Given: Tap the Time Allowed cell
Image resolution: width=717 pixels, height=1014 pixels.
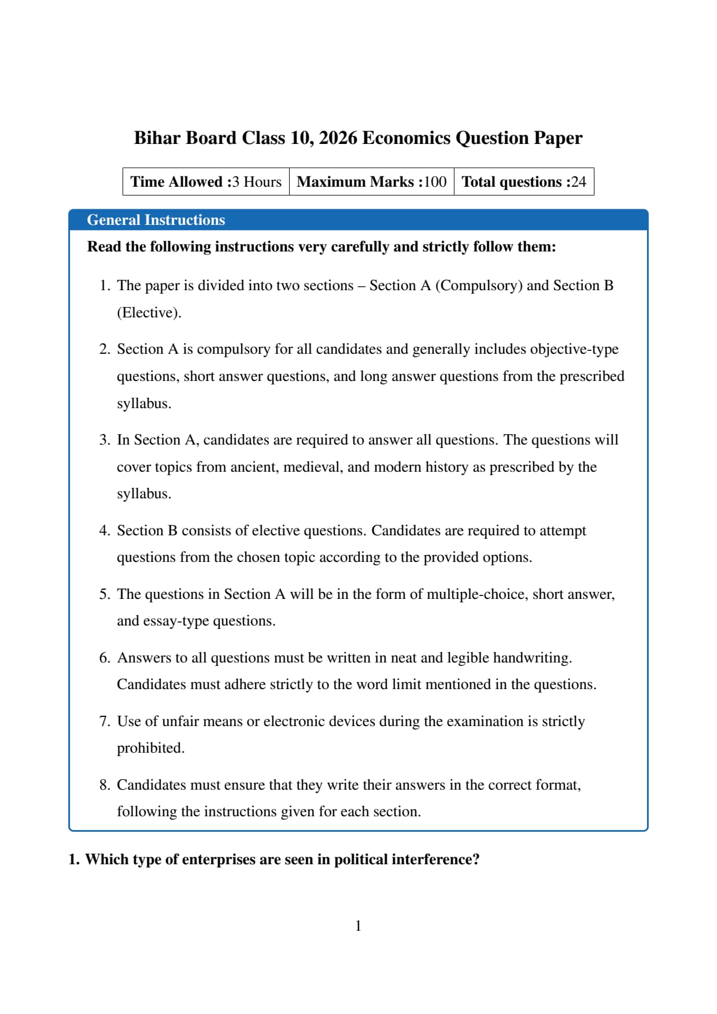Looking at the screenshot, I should [206, 182].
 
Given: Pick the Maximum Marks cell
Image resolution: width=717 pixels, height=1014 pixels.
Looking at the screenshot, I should [371, 182].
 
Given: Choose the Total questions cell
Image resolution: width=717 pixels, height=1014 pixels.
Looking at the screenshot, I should [523, 182].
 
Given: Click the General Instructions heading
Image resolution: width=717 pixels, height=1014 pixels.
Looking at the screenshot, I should [156, 220].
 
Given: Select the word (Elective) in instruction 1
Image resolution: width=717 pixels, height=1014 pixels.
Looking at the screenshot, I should [149, 313].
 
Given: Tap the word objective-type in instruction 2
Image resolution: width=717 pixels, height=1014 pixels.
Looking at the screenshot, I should [574, 349].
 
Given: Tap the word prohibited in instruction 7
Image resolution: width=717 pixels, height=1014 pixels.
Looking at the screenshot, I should [150, 748].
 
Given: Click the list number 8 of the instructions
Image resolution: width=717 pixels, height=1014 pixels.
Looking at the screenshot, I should [104, 785].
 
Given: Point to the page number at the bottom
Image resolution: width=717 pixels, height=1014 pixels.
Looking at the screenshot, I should [358, 926].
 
